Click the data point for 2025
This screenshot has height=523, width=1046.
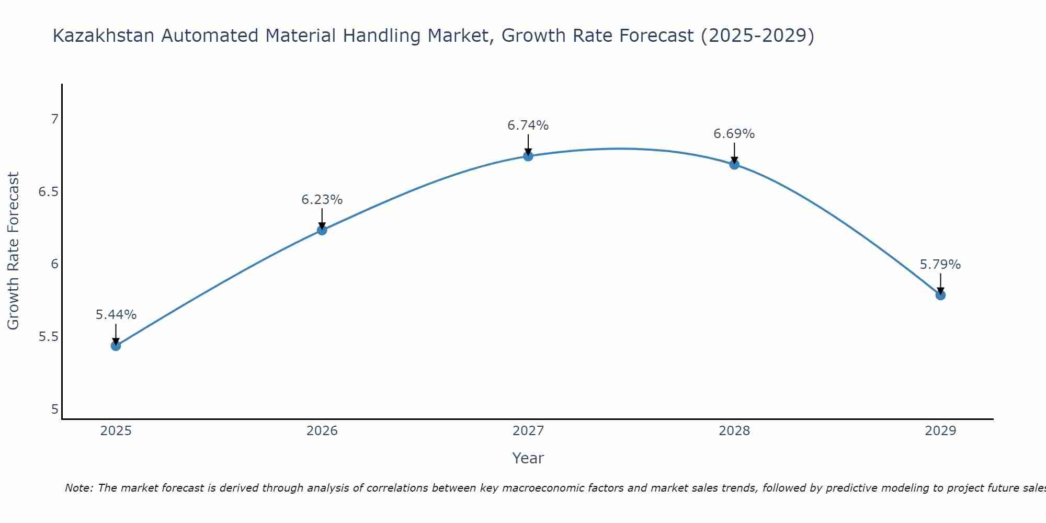(116, 346)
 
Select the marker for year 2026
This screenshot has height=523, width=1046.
(322, 230)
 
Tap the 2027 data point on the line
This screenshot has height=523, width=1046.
(528, 156)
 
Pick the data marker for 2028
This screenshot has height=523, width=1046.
(734, 164)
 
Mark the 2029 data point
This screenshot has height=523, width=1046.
(940, 295)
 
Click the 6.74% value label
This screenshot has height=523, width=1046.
(528, 126)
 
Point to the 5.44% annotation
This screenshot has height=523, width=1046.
(116, 315)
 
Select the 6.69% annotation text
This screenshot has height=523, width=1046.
(734, 134)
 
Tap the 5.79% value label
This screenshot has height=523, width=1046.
(940, 265)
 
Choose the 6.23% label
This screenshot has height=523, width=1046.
(322, 200)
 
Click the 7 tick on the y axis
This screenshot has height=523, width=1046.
(54, 119)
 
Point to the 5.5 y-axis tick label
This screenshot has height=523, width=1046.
(48, 336)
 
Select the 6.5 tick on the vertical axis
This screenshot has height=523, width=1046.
(48, 192)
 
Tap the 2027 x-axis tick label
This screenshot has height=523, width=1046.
(528, 431)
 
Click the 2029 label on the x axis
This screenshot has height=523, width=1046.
(940, 431)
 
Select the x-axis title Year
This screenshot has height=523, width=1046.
(528, 458)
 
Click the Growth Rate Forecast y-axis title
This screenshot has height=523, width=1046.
(13, 251)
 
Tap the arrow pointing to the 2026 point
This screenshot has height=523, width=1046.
(322, 219)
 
